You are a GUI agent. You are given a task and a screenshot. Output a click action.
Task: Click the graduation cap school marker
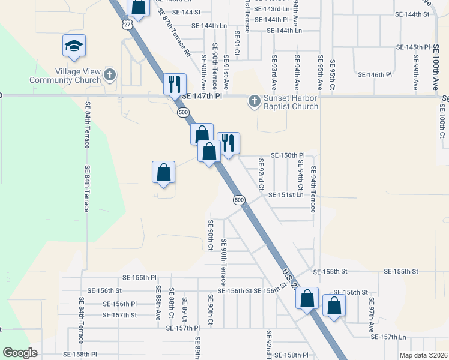click(x=74, y=46)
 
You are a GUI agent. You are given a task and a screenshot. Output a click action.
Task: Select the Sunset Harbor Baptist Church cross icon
click(x=254, y=101)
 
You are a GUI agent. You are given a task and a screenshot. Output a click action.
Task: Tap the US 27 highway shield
click(x=125, y=23)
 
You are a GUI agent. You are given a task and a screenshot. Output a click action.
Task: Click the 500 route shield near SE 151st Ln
click(x=239, y=199)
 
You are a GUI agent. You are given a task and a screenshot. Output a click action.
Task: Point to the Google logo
click(x=20, y=353)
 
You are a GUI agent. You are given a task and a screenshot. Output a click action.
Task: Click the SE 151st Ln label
click(x=286, y=194)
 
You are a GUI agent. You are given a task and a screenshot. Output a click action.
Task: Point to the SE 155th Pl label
click(x=139, y=278)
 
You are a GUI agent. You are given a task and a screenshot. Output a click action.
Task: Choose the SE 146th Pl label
click(x=375, y=75)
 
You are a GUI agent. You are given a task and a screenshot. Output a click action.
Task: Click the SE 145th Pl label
click(x=414, y=47)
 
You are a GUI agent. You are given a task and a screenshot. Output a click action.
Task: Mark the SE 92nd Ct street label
click(x=261, y=173)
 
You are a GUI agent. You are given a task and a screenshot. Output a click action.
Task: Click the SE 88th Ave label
click(x=159, y=305)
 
